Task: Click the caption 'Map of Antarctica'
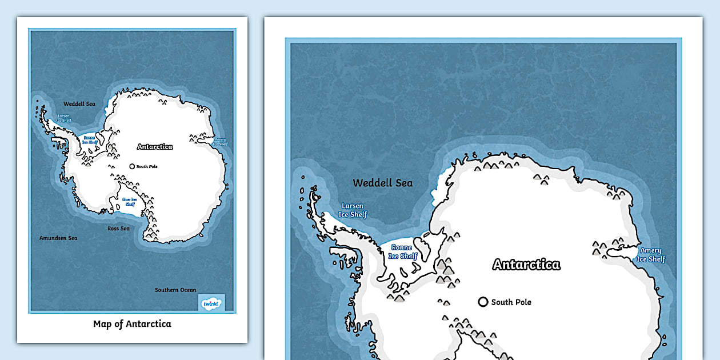132,324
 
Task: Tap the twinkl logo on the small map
211,303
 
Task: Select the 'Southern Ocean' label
175,290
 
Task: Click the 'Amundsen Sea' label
58,238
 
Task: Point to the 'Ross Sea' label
119,229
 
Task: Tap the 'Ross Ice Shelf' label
130,202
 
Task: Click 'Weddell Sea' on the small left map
79,104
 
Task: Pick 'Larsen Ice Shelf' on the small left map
63,118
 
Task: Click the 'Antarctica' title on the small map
155,147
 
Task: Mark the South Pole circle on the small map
132,167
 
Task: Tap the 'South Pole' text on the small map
147,167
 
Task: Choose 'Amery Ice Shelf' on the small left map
220,141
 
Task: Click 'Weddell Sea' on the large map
382,183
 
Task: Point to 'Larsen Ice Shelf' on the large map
352,210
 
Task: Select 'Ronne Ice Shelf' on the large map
403,252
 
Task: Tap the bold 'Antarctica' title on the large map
526,265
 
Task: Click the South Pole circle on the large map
483,302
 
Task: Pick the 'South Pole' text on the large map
511,302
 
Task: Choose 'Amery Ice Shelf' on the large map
651,255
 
